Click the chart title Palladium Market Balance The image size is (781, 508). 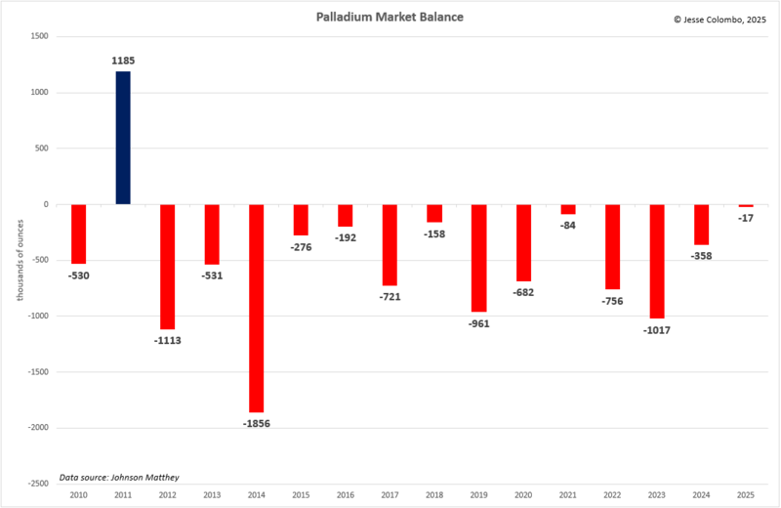point(390,18)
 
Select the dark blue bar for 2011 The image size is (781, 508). point(123,138)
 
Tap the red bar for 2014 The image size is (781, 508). point(257,308)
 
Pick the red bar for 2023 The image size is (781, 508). point(657,261)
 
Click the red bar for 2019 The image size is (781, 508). point(478,258)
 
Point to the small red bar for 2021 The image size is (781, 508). point(568,209)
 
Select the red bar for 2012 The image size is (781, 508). point(168,267)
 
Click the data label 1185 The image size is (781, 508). point(123,61)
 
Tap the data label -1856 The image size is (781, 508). point(257,423)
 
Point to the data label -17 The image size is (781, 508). point(746,217)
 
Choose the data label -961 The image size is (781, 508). point(478,322)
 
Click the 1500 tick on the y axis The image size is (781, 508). point(39,37)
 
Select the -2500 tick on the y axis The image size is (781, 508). point(37,484)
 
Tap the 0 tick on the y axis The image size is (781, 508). point(45,205)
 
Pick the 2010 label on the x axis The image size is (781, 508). point(78,495)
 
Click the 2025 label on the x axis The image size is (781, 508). point(746,495)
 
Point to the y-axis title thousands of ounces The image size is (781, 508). point(19,261)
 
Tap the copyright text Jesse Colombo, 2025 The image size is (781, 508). point(720,18)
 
